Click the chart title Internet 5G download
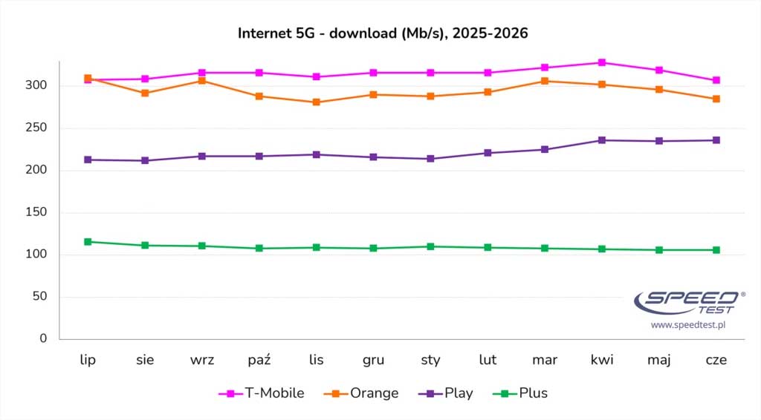click(383, 33)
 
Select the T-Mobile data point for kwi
click(602, 62)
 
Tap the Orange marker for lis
click(317, 102)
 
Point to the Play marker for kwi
click(602, 140)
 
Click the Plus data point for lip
click(88, 242)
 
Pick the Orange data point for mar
click(545, 81)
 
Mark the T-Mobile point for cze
click(716, 80)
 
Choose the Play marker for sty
click(430, 159)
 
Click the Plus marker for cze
click(716, 250)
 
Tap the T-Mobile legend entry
click(262, 393)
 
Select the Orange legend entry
click(361, 393)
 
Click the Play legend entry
click(446, 393)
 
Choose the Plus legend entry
click(520, 393)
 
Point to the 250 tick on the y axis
click(36, 128)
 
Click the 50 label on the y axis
click(40, 296)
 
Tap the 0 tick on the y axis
click(43, 338)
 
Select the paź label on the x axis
click(259, 360)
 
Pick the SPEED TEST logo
click(689, 303)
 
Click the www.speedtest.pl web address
click(688, 325)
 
